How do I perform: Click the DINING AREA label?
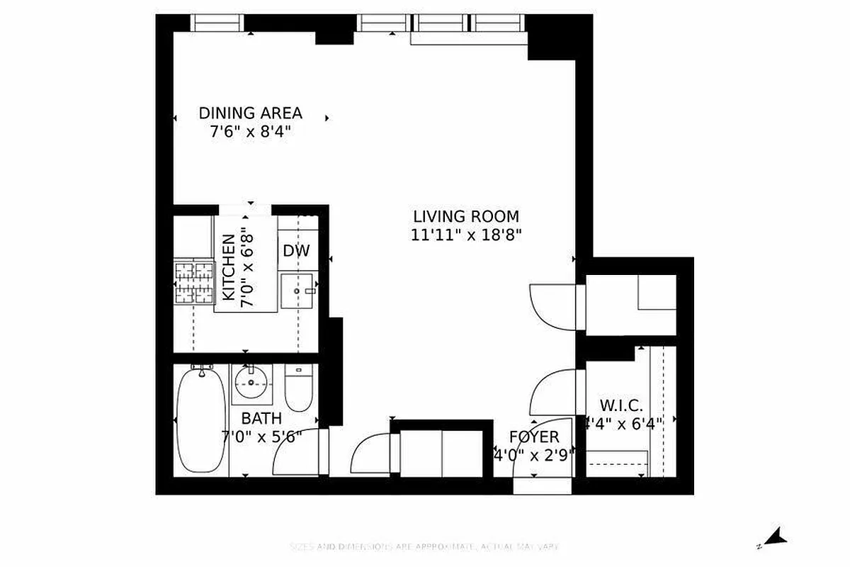pyautogui.click(x=250, y=113)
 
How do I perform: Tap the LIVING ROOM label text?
pyautogui.click(x=466, y=216)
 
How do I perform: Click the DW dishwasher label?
pyautogui.click(x=296, y=251)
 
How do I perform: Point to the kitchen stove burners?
pyautogui.click(x=194, y=281)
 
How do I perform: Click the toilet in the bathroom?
pyautogui.click(x=298, y=388)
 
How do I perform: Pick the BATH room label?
pyautogui.click(x=261, y=418)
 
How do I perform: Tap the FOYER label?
pyautogui.click(x=534, y=437)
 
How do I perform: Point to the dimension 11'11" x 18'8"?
pyautogui.click(x=466, y=235)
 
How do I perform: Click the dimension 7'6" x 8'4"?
pyautogui.click(x=250, y=132)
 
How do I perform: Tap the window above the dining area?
pyautogui.click(x=218, y=23)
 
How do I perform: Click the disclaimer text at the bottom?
pyautogui.click(x=425, y=546)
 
